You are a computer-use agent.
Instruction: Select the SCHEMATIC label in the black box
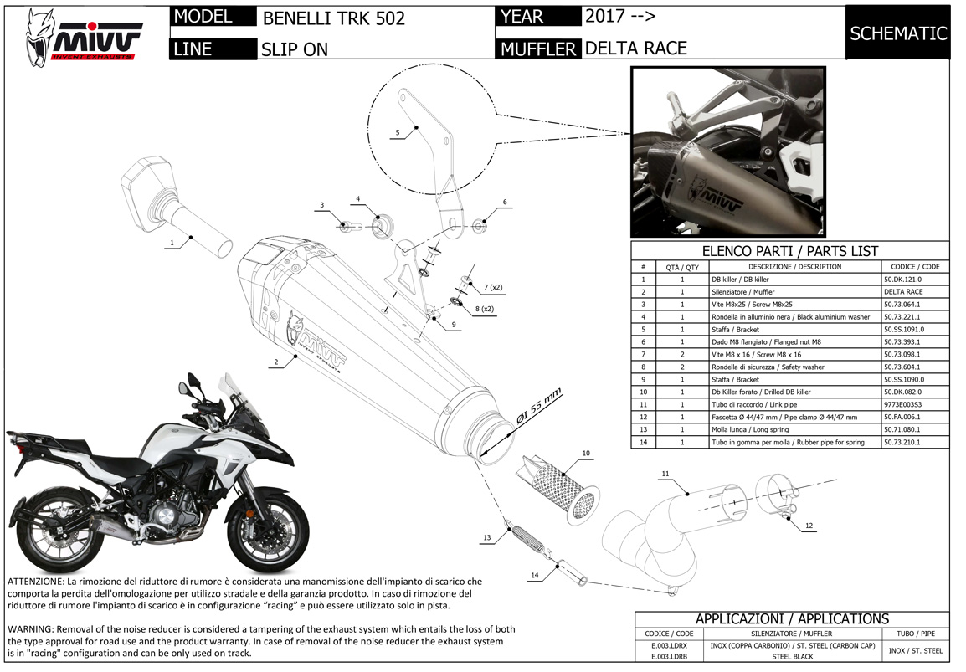(x=897, y=33)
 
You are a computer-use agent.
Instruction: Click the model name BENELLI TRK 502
(x=333, y=18)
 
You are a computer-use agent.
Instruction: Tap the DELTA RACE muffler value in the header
(x=635, y=49)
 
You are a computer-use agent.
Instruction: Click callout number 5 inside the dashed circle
(x=398, y=132)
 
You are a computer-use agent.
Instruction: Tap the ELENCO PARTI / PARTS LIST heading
(x=789, y=250)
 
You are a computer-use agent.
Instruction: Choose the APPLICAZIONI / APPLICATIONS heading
(x=791, y=619)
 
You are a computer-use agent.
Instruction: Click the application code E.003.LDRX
(x=667, y=646)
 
